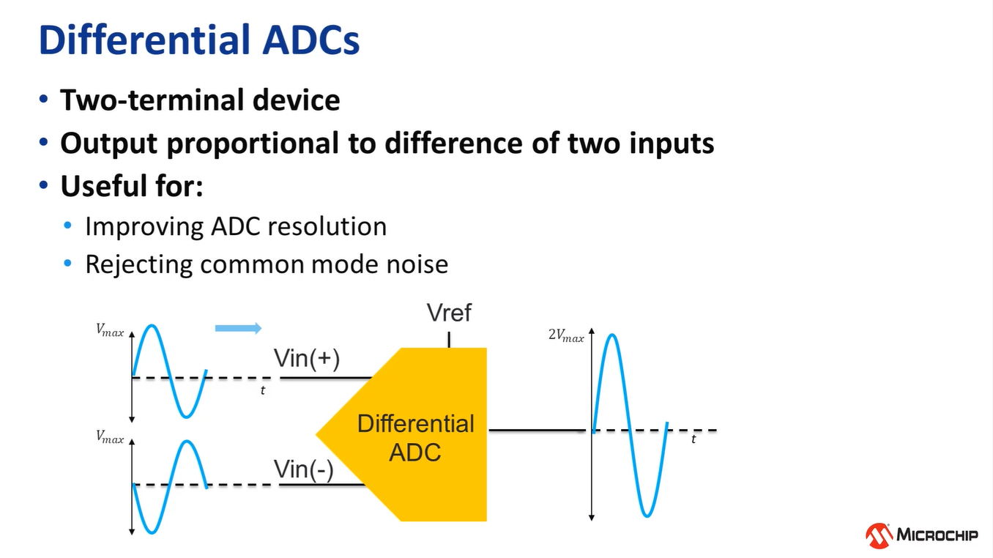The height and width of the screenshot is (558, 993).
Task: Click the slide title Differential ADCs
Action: tap(199, 41)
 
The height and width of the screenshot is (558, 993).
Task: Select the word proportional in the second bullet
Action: tap(252, 144)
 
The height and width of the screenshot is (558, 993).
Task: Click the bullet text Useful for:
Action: tap(132, 187)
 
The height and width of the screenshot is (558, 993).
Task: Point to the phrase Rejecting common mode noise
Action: tap(267, 264)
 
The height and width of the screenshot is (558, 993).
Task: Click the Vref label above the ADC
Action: tap(449, 313)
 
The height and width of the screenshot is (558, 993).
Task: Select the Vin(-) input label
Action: tap(303, 469)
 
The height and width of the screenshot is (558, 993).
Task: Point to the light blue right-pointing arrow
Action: tap(238, 328)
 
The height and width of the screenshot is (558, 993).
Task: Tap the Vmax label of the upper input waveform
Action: tap(110, 331)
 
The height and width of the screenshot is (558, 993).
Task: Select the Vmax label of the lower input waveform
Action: tap(110, 438)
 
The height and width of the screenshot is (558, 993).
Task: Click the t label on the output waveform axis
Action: tap(693, 439)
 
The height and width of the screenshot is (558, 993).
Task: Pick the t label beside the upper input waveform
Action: tap(262, 391)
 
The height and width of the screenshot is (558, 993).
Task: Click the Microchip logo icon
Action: tap(879, 536)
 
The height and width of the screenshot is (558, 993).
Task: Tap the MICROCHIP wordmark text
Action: tap(937, 535)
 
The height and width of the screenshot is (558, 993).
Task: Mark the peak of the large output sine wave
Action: tap(611, 335)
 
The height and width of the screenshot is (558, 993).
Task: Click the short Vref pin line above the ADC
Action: tap(449, 339)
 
